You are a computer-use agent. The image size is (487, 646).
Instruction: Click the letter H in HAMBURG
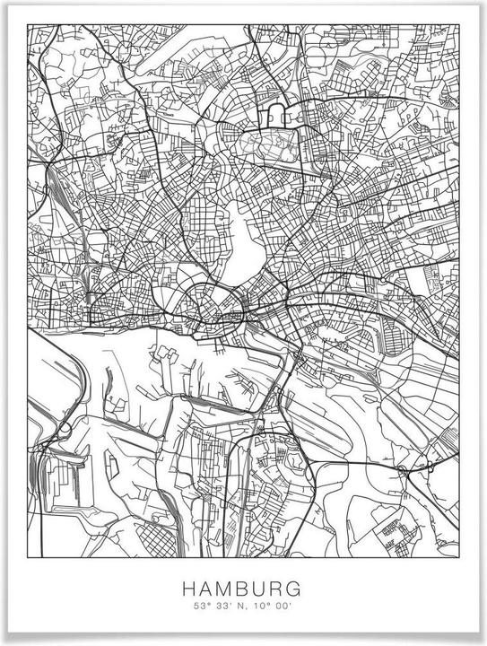188,589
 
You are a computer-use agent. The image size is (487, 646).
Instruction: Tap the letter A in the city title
206,589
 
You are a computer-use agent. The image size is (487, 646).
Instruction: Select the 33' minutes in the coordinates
213,607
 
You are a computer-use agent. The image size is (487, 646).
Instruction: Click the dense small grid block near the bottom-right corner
396,528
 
